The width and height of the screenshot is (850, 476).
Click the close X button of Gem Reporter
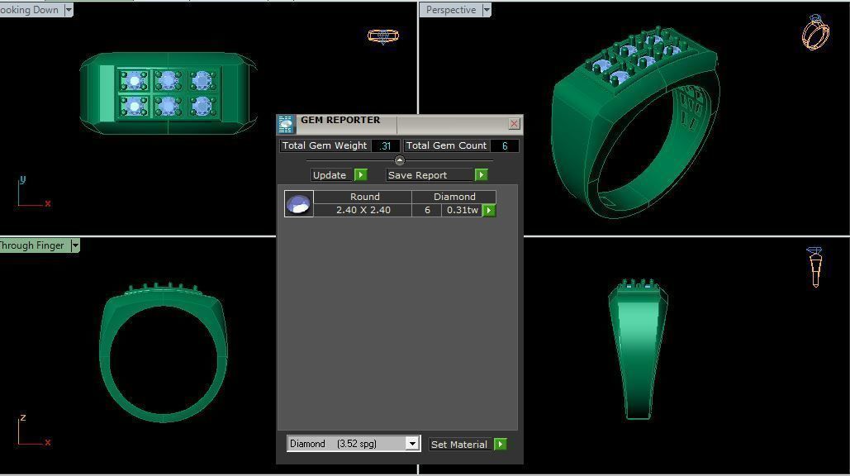(514, 124)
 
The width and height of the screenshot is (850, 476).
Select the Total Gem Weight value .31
(385, 145)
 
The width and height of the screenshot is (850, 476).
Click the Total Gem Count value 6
(504, 145)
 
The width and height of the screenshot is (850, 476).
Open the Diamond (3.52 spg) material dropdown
(411, 444)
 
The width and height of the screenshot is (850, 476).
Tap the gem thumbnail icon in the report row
(298, 203)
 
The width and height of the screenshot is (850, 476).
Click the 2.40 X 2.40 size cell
(363, 211)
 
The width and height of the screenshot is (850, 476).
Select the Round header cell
(364, 197)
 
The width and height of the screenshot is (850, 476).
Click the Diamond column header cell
(454, 197)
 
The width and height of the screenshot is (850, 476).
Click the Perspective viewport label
(451, 10)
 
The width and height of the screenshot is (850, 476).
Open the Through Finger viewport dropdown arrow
(75, 245)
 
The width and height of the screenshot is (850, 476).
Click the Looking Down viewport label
(30, 10)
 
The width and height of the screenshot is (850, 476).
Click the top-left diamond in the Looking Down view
(134, 80)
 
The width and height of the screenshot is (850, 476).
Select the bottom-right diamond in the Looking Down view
(202, 106)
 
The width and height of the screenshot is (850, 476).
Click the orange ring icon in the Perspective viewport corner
(815, 33)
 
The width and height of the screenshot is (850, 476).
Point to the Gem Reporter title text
(340, 121)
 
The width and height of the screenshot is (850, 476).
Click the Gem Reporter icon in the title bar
(286, 125)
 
